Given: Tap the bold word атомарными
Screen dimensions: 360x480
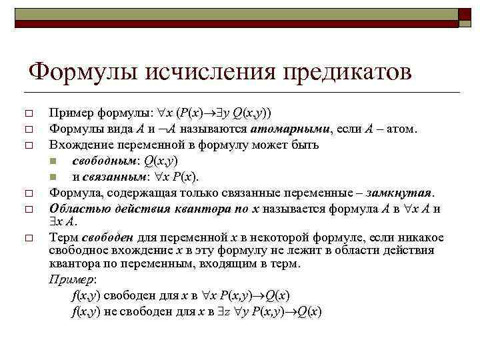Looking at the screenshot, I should tap(282, 128).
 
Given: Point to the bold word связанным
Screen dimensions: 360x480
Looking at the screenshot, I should tap(115, 176).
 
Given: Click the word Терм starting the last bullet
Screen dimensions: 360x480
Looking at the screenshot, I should tap(63, 237).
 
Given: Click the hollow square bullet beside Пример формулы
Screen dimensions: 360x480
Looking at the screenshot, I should tap(27, 113).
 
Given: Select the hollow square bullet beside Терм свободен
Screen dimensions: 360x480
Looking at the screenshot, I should tap(27, 238).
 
